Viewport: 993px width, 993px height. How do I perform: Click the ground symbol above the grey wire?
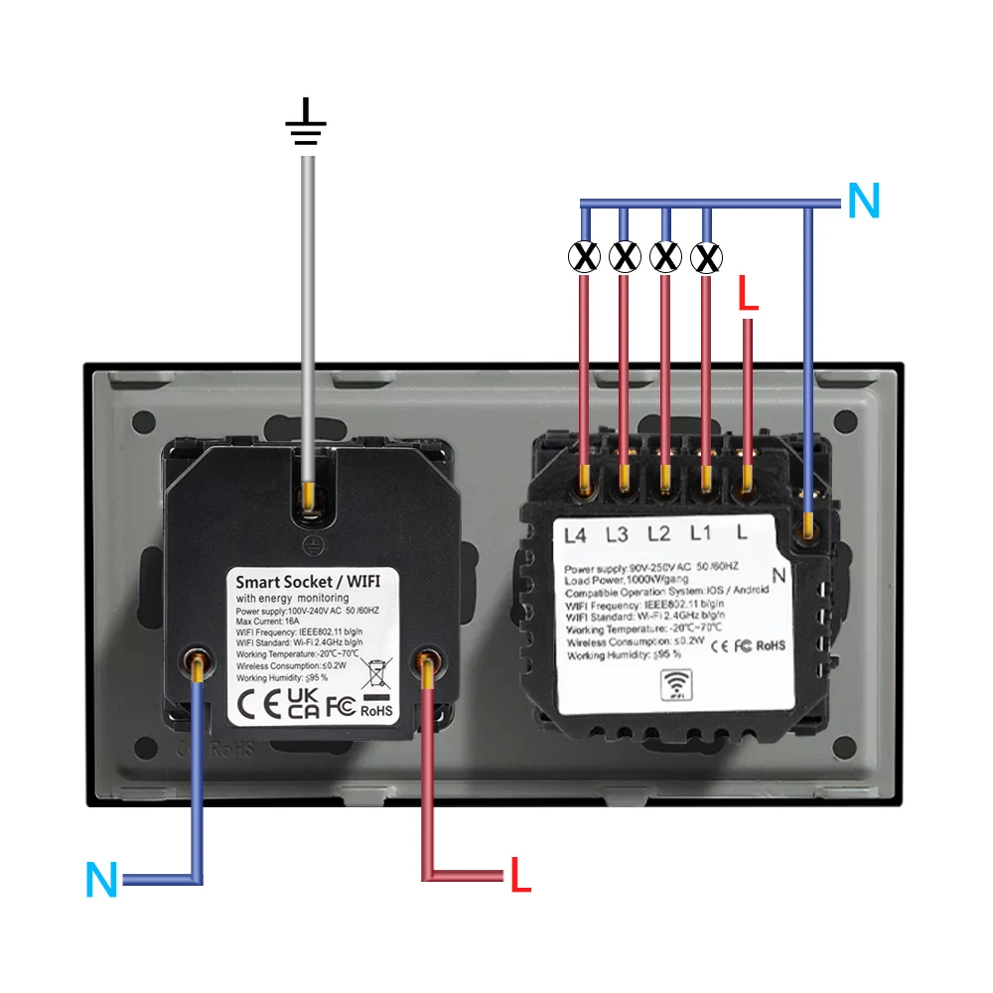click(x=306, y=123)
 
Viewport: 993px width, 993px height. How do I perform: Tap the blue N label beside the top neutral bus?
click(x=863, y=202)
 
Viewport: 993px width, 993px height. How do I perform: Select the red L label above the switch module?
click(x=748, y=296)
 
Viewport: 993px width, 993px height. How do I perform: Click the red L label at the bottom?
click(x=521, y=875)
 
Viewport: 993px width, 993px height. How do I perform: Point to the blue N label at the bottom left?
click(x=102, y=880)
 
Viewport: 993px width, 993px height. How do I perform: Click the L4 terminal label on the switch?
click(x=575, y=534)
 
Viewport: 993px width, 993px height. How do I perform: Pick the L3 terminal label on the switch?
click(x=617, y=534)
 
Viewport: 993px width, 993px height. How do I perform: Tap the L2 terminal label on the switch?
click(x=658, y=534)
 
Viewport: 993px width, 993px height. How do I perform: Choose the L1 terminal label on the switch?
click(x=700, y=534)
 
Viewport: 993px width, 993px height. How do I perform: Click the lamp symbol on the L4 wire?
click(x=583, y=257)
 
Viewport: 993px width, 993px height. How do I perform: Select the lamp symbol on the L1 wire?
click(x=706, y=257)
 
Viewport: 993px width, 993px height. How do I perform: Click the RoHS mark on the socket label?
click(x=376, y=709)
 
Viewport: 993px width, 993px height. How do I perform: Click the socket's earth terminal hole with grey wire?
click(x=312, y=500)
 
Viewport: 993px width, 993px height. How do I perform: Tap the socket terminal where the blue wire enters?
click(x=199, y=659)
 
